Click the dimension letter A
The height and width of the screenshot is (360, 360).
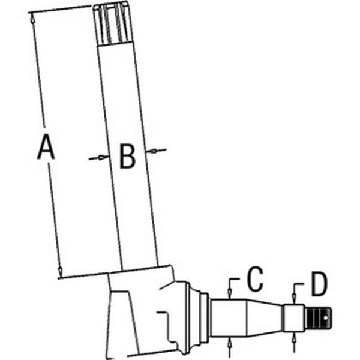[x=46, y=148]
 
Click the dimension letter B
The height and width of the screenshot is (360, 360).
[x=127, y=157]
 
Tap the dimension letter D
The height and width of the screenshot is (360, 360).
[x=319, y=286]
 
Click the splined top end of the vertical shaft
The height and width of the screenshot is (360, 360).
[x=113, y=24]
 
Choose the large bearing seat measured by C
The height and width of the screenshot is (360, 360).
[x=228, y=318]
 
